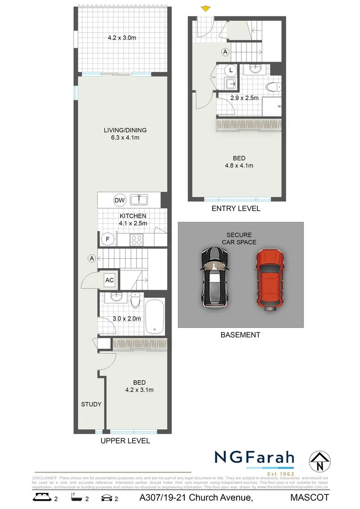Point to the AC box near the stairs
(109, 280)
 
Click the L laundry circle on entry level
(230, 70)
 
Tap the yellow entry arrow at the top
(205, 8)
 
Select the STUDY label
(91, 404)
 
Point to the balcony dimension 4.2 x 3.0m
(122, 38)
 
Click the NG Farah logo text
(254, 458)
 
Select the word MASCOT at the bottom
(310, 497)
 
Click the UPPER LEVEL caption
(125, 441)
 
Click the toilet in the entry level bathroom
(273, 87)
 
